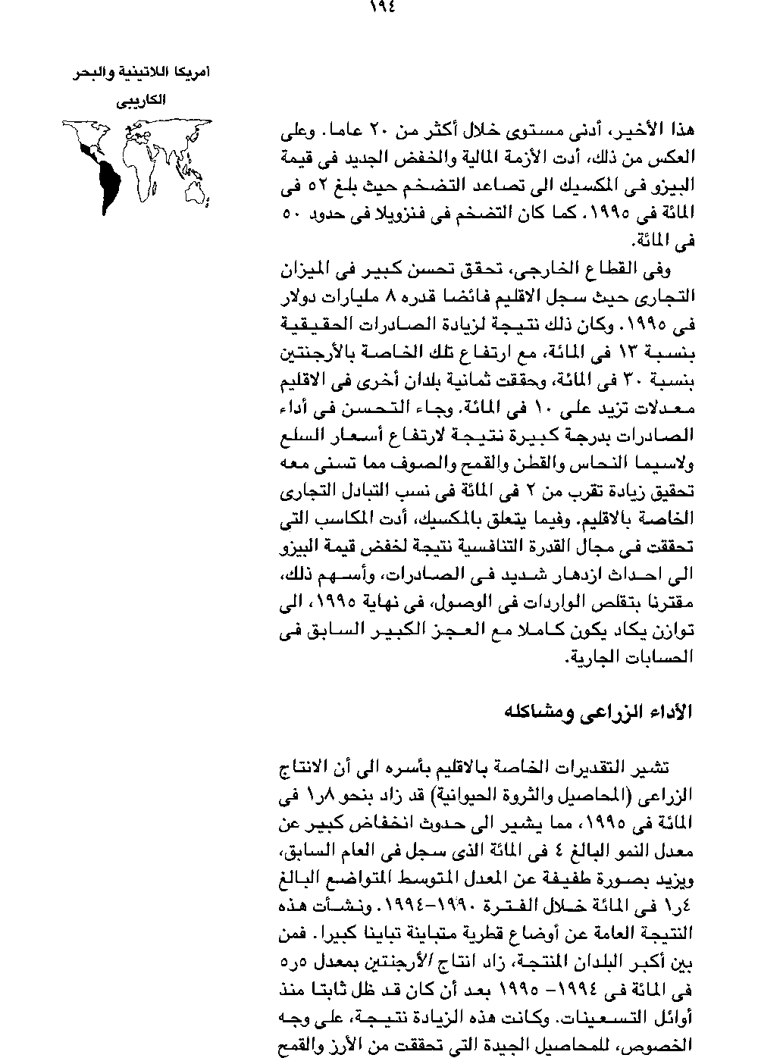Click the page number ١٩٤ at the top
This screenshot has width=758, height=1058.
pos(383,8)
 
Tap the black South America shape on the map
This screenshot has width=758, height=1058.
pos(107,183)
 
